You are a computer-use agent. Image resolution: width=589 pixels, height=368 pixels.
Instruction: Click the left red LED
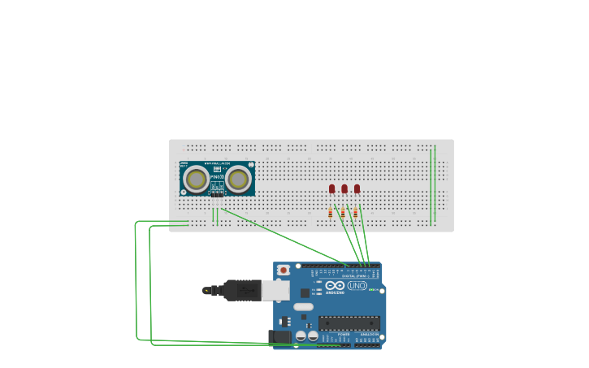(331, 188)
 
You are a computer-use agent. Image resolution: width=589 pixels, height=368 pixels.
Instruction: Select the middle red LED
(344, 188)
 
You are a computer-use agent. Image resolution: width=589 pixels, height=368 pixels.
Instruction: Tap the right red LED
(357, 188)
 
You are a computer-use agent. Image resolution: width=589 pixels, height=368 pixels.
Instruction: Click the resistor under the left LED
(331, 213)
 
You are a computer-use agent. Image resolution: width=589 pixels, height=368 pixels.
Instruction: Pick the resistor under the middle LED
(343, 213)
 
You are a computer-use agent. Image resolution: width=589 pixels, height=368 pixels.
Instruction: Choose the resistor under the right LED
(355, 213)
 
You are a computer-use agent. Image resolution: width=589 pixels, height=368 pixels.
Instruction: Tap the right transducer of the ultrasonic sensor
(238, 179)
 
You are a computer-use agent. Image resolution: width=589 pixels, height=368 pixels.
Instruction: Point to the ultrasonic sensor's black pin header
(217, 194)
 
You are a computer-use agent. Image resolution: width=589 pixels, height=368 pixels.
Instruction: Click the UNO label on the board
(357, 286)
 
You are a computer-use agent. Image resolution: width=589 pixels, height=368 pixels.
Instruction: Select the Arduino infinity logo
(335, 285)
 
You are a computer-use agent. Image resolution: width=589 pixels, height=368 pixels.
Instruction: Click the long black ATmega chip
(349, 323)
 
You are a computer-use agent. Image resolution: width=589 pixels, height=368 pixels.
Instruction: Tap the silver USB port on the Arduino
(275, 290)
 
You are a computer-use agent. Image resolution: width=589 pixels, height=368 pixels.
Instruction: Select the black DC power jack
(279, 336)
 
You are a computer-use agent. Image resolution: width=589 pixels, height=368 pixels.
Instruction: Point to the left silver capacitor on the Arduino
(301, 336)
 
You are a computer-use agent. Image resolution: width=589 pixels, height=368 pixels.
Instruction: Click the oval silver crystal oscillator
(303, 307)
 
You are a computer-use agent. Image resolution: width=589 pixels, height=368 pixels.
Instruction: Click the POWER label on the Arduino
(344, 334)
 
